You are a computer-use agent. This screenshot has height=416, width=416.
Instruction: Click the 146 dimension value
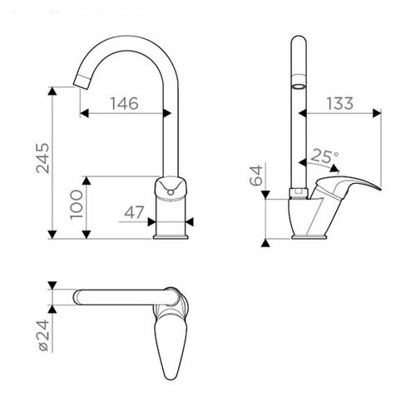pyautogui.click(x=124, y=103)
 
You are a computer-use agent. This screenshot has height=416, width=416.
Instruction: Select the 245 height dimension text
pyautogui.click(x=43, y=158)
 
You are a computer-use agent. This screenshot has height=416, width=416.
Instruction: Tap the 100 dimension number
pyautogui.click(x=77, y=205)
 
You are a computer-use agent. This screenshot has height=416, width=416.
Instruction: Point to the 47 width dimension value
pyautogui.click(x=134, y=212)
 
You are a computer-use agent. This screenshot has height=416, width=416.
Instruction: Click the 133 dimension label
pyautogui.click(x=339, y=103)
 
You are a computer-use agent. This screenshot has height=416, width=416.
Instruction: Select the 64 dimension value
pyautogui.click(x=255, y=176)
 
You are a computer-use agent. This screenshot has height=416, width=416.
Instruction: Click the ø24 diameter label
pyautogui.click(x=43, y=335)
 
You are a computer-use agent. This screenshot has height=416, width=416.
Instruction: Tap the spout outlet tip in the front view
pyautogui.click(x=81, y=82)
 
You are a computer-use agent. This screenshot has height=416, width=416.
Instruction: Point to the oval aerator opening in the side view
pyautogui.click(x=299, y=87)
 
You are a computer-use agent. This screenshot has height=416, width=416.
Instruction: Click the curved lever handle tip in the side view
pyautogui.click(x=379, y=189)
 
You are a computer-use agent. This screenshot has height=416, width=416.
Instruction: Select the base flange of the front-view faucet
pyautogui.click(x=171, y=236)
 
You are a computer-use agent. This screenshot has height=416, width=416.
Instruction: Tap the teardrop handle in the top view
pyautogui.click(x=171, y=344)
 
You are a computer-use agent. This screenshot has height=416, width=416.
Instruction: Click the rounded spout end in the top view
pyautogui.click(x=77, y=297)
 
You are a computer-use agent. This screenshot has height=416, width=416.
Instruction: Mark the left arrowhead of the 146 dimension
pyautogui.click(x=84, y=113)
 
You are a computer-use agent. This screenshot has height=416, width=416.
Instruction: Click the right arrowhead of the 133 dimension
pyautogui.click(x=377, y=113)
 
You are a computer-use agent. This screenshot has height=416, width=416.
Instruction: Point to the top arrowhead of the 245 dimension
pyautogui.click(x=52, y=91)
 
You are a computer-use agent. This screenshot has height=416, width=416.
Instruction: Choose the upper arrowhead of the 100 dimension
pyautogui.click(x=87, y=181)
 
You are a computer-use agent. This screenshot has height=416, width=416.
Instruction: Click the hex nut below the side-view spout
pyautogui.click(x=299, y=192)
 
